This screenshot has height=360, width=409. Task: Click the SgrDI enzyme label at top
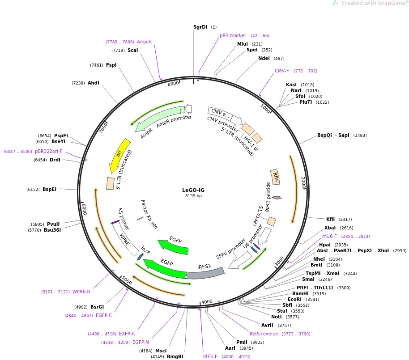(200, 27)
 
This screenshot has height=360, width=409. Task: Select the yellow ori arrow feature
(119, 156)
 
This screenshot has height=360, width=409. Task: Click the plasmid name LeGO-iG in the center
(193, 190)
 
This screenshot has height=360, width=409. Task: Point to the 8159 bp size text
(193, 196)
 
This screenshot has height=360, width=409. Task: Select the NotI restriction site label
(276, 317)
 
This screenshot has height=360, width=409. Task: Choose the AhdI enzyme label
(94, 83)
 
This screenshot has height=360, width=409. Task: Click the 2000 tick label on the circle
(303, 182)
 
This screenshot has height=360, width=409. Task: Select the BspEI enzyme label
(49, 190)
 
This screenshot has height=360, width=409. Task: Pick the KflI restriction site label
(330, 219)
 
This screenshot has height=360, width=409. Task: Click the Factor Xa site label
(149, 214)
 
